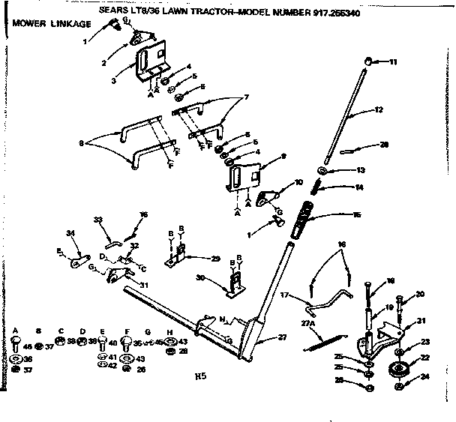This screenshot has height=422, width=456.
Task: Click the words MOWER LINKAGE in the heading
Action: pyautogui.click(x=51, y=24)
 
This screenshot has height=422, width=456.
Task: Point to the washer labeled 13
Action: pyautogui.click(x=328, y=170)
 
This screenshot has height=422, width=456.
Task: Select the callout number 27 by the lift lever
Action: pyautogui.click(x=282, y=337)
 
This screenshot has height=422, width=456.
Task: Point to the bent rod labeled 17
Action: pyautogui.click(x=330, y=304)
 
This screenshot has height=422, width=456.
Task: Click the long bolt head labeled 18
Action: pyautogui.click(x=367, y=282)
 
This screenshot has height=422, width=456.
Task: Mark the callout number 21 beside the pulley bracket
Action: pyautogui.click(x=421, y=321)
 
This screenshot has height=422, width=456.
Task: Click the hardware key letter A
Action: pyautogui.click(x=16, y=331)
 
